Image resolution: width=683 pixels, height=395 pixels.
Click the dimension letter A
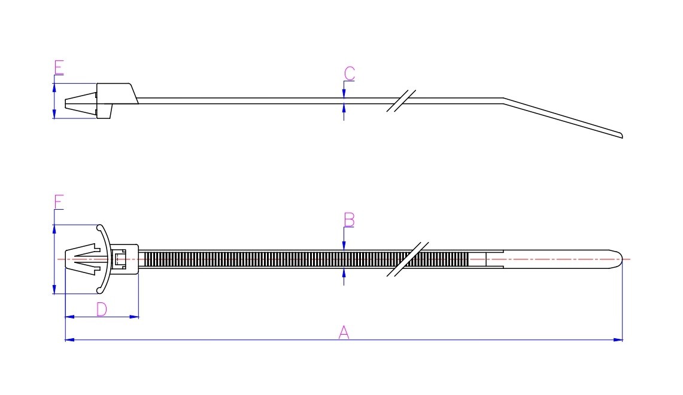pyautogui.click(x=344, y=332)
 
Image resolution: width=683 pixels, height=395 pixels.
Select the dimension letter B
pyautogui.click(x=349, y=220)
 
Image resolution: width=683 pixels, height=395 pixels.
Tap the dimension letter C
pyautogui.click(x=349, y=74)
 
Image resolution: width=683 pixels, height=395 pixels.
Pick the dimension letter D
pyautogui.click(x=102, y=310)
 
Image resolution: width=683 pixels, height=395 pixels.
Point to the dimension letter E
pyautogui.click(x=59, y=68)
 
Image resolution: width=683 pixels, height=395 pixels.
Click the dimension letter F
pyautogui.click(x=59, y=202)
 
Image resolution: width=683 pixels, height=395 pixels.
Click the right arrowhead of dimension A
pyautogui.click(x=618, y=340)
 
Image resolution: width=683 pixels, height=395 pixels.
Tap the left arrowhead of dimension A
pyautogui.click(x=70, y=340)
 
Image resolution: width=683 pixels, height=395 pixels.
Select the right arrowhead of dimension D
pyautogui.click(x=133, y=317)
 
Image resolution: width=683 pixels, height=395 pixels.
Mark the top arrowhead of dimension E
pyautogui.click(x=54, y=88)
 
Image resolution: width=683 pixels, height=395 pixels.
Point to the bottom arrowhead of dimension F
pyautogui.click(x=54, y=289)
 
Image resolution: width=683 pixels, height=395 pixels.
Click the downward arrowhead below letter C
pyautogui.click(x=344, y=94)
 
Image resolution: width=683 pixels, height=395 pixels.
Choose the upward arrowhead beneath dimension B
pyautogui.click(x=344, y=273)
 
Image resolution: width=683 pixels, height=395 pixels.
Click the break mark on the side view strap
pyautogui.click(x=401, y=101)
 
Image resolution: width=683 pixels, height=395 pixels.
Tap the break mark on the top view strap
pyautogui.click(x=408, y=259)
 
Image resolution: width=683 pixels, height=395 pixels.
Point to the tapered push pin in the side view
pyautogui.click(x=81, y=104)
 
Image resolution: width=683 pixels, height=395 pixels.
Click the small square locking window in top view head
pyautogui.click(x=120, y=259)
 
